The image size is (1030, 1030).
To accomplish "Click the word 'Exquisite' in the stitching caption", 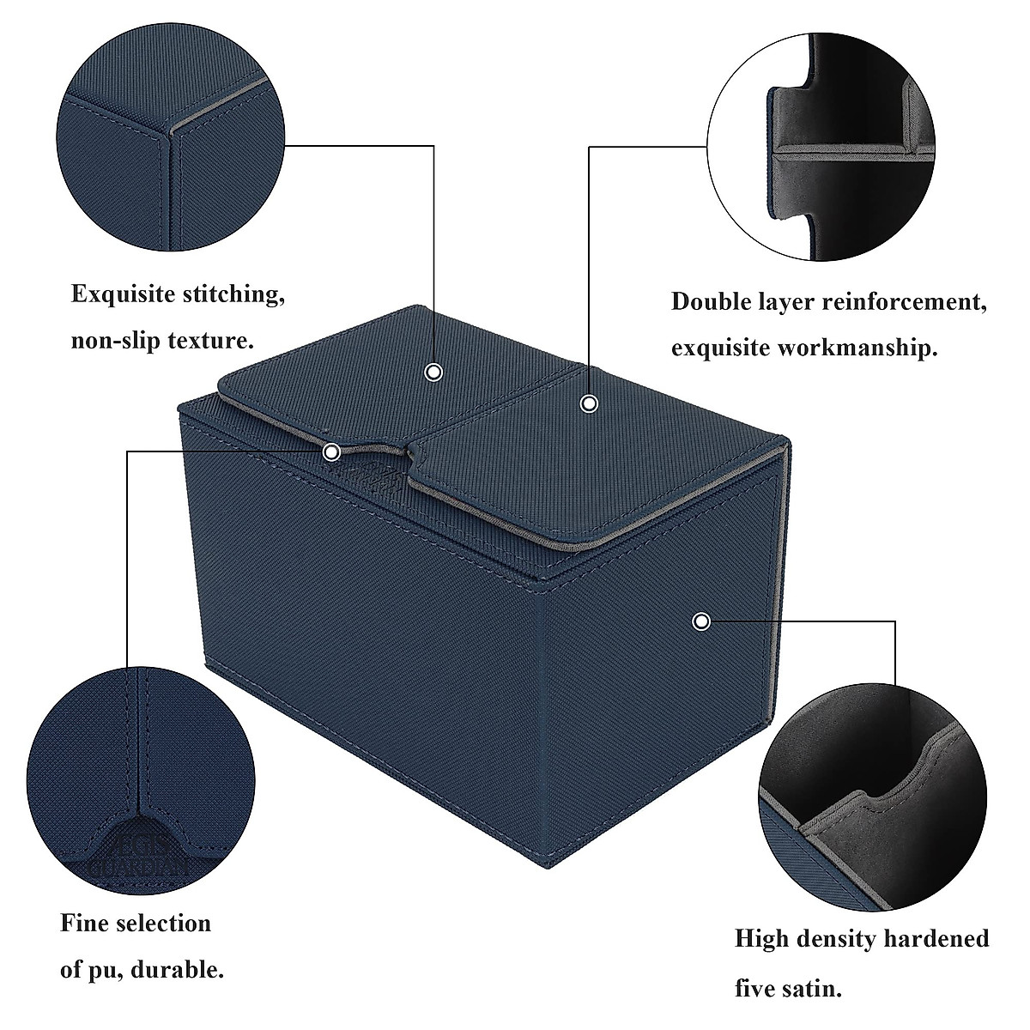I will tap(124, 294).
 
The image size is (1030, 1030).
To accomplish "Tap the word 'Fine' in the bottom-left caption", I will tap(83, 924).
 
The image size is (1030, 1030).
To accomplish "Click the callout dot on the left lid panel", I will tap(434, 372).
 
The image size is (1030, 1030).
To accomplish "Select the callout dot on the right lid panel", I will tap(589, 403).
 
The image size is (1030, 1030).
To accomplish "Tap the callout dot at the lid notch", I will tap(331, 451).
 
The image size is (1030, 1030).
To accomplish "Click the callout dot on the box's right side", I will tap(701, 621).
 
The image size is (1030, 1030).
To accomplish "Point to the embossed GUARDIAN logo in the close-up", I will tap(139, 858).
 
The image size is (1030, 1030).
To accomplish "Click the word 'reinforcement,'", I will tap(900, 302).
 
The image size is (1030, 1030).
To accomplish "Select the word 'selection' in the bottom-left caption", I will tap(162, 924).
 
